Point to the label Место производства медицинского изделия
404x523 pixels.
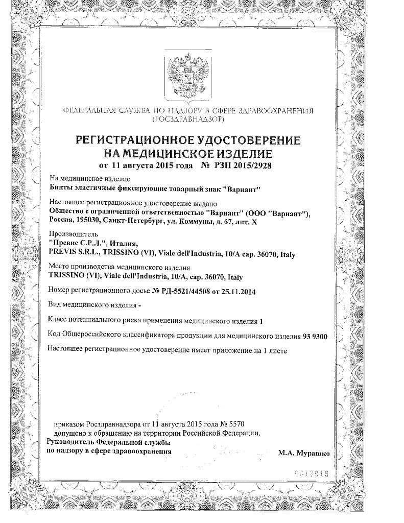[x=118, y=268]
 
